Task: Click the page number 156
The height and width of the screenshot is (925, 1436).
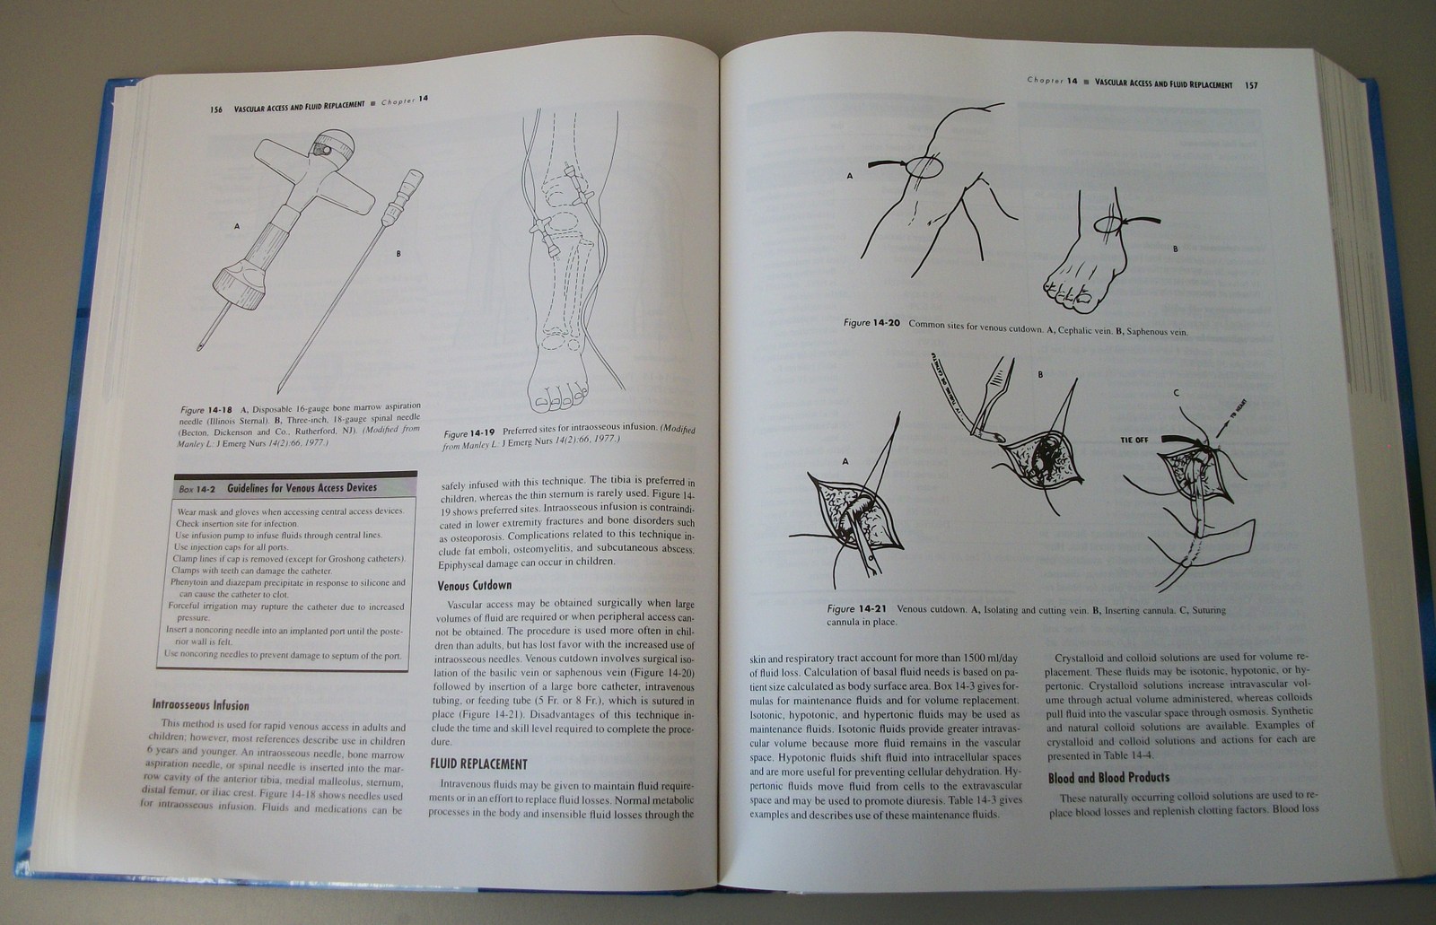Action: pos(216,109)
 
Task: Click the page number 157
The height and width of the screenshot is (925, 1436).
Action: pos(1251,85)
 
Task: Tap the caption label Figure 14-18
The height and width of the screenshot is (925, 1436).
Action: pos(206,409)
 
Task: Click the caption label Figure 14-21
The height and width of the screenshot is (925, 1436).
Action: pos(856,609)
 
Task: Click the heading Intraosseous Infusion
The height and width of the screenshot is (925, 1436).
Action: pos(200,705)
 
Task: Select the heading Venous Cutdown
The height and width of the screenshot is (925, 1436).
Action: pos(475,585)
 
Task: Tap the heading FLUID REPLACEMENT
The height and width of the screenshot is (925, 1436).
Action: pos(478,764)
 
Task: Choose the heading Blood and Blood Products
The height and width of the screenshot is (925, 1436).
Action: pos(1108,778)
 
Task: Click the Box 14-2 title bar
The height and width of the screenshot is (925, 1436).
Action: pos(296,488)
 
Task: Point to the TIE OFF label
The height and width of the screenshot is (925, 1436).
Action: pos(1134,441)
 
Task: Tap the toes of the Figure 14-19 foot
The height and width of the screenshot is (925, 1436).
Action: pos(556,394)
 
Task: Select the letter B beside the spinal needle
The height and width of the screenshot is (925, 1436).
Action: pos(398,254)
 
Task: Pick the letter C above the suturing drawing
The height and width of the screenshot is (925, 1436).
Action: pos(1176,393)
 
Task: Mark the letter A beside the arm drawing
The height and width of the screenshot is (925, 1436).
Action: pos(849,177)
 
